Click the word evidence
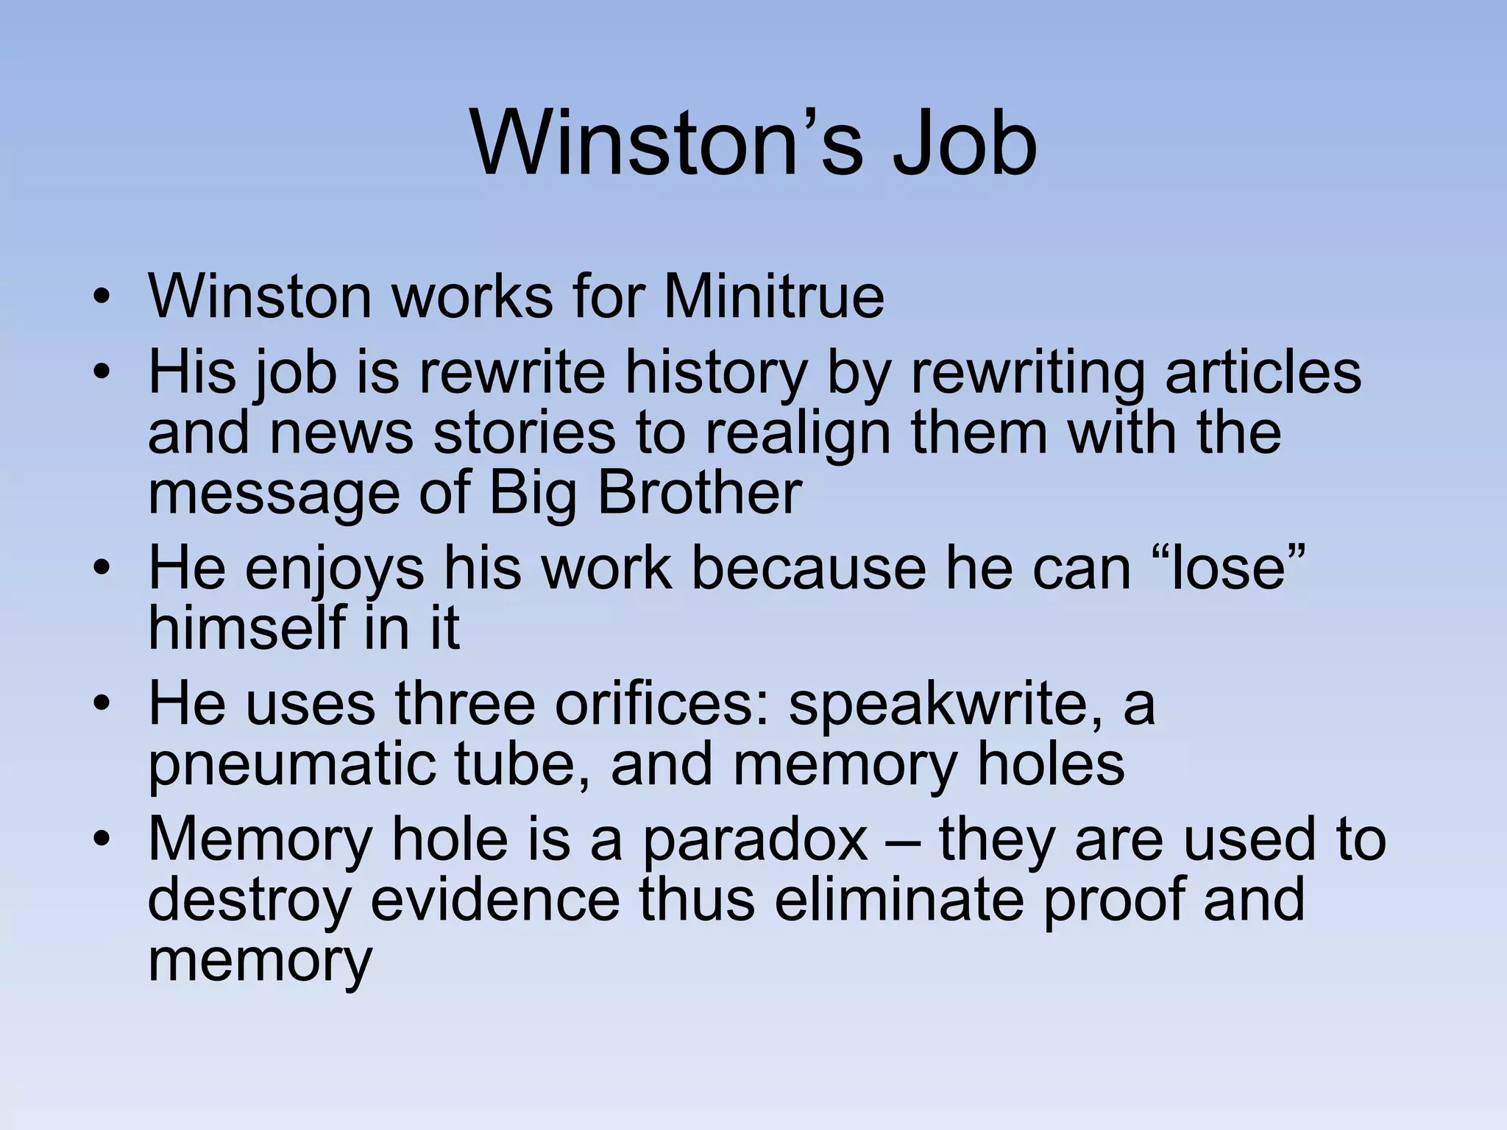click(495, 900)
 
